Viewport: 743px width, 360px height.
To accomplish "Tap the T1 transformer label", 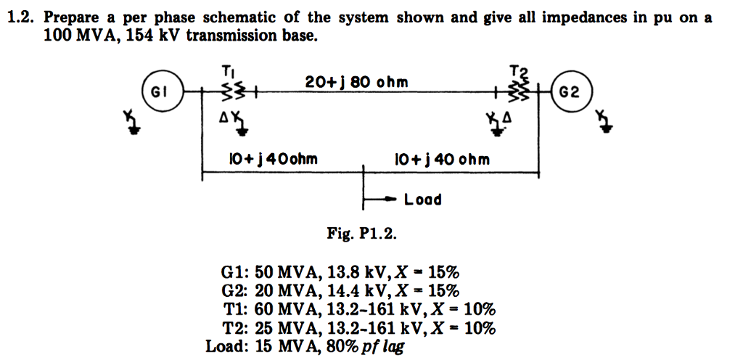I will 228,71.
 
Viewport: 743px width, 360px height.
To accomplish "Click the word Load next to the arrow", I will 422,199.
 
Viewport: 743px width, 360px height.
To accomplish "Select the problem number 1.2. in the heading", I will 22,18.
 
